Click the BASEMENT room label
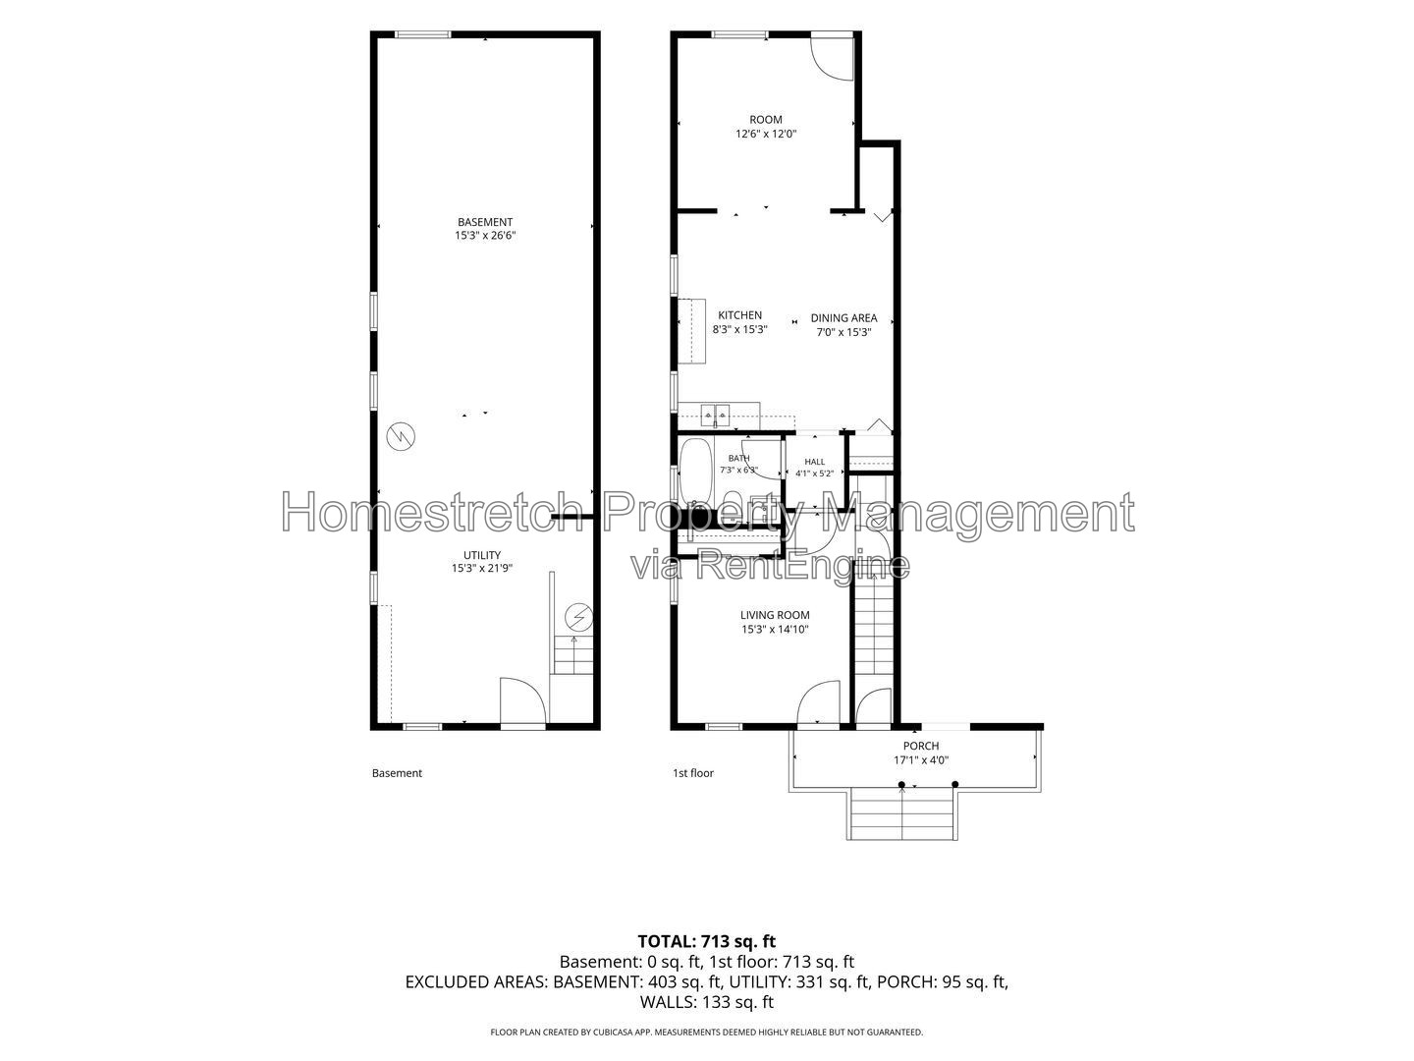(x=485, y=222)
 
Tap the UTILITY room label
(x=482, y=555)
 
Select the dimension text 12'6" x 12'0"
(x=766, y=134)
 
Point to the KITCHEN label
(x=739, y=315)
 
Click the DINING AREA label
(x=843, y=317)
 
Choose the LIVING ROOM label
(x=775, y=615)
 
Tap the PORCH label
(x=920, y=746)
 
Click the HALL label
(x=814, y=462)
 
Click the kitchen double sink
(x=716, y=415)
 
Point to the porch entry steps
(x=901, y=815)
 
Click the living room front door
(x=819, y=703)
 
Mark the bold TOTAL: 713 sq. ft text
(x=707, y=941)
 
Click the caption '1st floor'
(x=693, y=773)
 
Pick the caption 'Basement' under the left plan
(x=397, y=773)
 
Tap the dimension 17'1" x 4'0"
(x=920, y=760)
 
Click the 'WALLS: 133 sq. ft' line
(x=707, y=1002)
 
